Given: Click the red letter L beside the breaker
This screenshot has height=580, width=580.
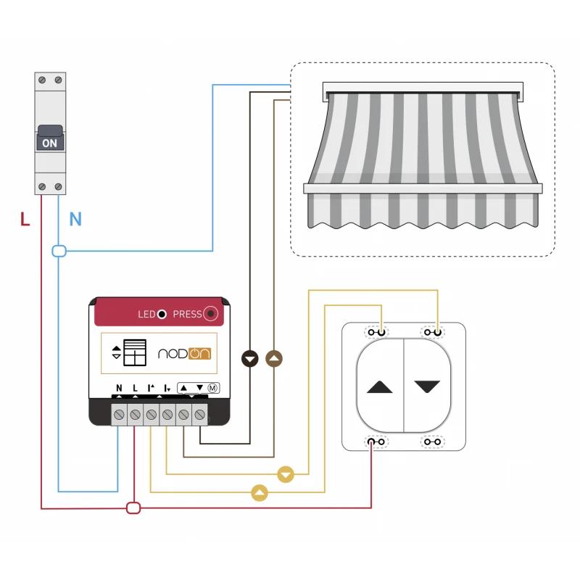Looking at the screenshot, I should pos(25,219).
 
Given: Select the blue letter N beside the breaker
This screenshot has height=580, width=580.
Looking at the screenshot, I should pos(75,219).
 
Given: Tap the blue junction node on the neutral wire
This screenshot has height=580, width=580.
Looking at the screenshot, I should pos(59,252).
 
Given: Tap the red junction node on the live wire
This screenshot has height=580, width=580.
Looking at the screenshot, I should pos(133,507).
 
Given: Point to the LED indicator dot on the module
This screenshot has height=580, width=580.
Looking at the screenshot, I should pos(162,314).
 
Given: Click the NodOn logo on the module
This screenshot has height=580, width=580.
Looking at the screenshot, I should pos(183,354).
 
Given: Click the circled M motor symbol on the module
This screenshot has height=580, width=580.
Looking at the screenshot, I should pos(213,388).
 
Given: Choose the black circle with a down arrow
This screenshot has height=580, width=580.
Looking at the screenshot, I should pos(250,358).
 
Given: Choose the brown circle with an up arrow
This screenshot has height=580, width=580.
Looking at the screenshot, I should pos(274,358).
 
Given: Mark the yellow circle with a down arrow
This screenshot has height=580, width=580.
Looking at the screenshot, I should pos(286,475).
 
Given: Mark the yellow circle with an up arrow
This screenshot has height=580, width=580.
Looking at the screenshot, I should pos(260,494).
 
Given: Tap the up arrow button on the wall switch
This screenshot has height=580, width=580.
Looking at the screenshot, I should pos(379,387).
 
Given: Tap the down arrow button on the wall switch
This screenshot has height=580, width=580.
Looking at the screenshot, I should pos(427,387).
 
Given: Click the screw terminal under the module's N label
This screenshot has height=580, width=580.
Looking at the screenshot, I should pos(119,415).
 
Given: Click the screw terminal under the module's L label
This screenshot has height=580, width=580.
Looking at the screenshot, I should pos(135,415).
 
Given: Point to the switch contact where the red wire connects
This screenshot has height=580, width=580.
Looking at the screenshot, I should pos(376,441).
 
